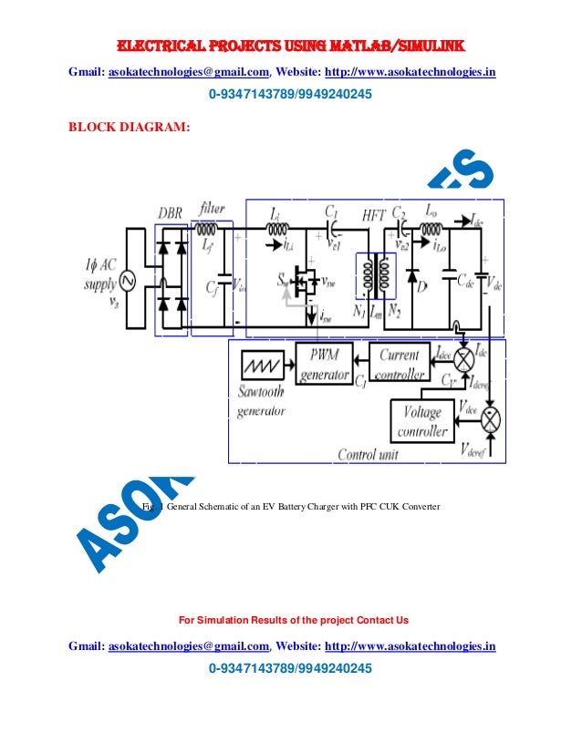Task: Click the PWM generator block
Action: (324, 364)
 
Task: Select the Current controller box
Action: (399, 364)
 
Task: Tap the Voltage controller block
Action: (423, 421)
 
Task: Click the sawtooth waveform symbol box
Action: (265, 366)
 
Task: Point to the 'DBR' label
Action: (170, 212)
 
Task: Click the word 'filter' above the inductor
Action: (212, 209)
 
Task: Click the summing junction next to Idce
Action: (464, 358)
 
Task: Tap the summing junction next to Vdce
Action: (491, 420)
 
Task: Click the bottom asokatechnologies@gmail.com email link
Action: (189, 646)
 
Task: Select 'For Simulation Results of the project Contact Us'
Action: (293, 621)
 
